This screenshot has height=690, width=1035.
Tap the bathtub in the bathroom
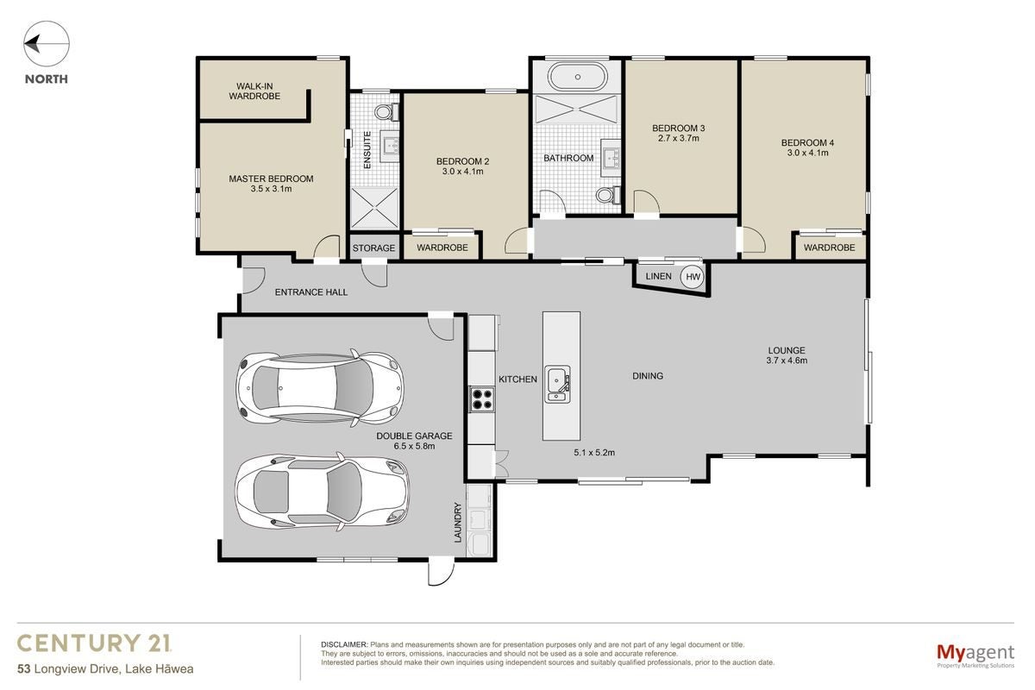pos(578,77)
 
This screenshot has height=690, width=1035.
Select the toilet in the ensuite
pos(386,111)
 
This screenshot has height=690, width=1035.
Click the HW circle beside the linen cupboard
pos(693,277)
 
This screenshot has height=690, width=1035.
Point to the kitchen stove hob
pos(482,399)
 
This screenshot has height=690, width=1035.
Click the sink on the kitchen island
pos(557,384)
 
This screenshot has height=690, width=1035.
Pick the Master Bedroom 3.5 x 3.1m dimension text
pos(271,189)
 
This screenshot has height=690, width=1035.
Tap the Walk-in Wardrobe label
pos(254,91)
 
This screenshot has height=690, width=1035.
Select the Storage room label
pos(373,248)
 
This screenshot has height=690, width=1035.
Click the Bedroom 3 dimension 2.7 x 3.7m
pos(678,138)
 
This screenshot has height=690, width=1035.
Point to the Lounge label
pos(787,350)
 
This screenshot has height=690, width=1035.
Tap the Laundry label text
pos(458,522)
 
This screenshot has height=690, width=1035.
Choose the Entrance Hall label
pos(311,292)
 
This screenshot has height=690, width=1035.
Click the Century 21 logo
pos(94,643)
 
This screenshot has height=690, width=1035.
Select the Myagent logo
pos(975,655)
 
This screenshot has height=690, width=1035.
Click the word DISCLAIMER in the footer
pos(344,644)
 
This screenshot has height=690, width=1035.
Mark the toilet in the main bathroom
pos(608,195)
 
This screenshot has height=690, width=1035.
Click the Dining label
pos(648,376)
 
